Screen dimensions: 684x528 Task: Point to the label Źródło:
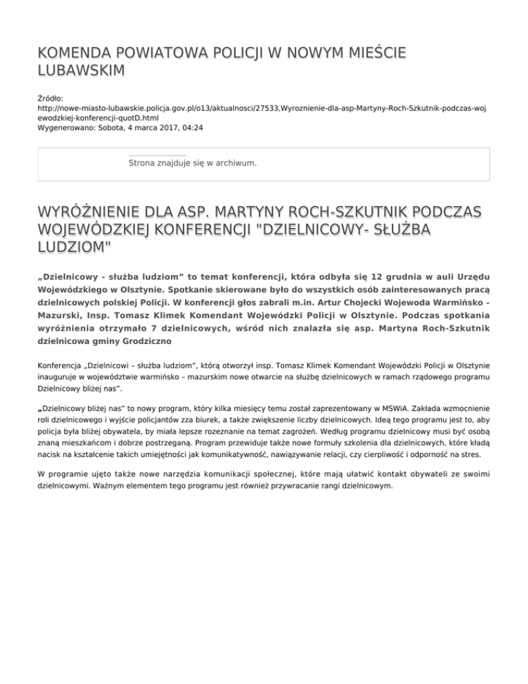click(x=51, y=99)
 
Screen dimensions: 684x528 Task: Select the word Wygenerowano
click(x=65, y=128)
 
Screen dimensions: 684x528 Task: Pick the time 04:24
click(x=191, y=128)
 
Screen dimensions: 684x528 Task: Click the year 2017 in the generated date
click(x=164, y=128)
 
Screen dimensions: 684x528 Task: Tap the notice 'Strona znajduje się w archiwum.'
click(x=193, y=163)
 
